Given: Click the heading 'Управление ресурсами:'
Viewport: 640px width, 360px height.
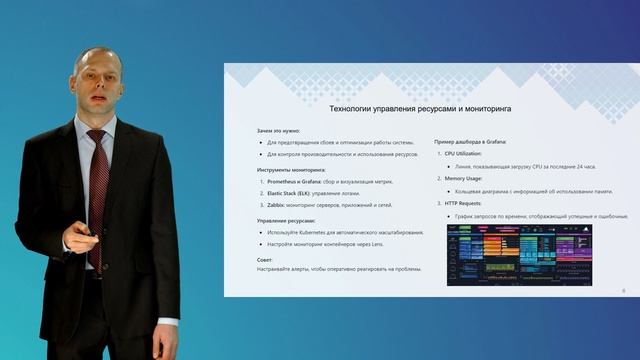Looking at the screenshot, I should [x=285, y=220].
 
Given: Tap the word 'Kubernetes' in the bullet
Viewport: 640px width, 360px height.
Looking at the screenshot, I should [x=317, y=232].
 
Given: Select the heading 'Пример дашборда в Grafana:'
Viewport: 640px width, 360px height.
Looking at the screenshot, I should [x=476, y=143].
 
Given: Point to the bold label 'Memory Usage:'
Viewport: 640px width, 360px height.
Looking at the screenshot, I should [x=464, y=179].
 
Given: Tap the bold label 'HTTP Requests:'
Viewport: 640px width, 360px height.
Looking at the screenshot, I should [x=465, y=204].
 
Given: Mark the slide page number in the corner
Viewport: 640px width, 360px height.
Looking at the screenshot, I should [x=623, y=288].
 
